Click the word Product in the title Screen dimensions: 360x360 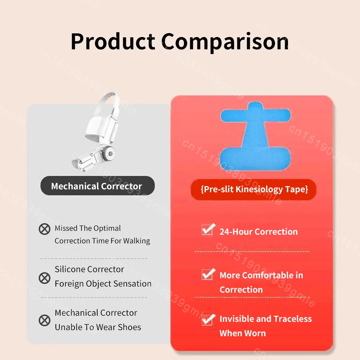113,41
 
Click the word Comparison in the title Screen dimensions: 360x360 225,41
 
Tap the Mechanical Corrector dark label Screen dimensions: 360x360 96,186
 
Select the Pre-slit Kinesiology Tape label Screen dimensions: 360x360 254,189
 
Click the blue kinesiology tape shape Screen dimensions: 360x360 255,137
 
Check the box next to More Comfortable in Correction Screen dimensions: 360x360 208,274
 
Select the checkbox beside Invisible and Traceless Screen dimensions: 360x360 208,319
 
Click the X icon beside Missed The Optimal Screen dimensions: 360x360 45,229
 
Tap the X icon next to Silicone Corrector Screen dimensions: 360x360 45,278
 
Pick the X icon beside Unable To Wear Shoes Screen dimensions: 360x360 45,320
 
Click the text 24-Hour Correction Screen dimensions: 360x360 258,231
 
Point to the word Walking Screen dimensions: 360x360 137,241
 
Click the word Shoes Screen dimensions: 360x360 129,327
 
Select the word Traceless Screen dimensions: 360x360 292,319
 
